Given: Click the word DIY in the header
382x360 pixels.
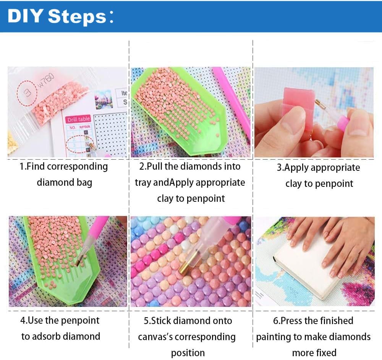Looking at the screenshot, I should pos(26,17).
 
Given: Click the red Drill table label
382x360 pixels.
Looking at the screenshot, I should pos(78,120).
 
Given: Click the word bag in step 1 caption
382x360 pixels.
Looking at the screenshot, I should pos(84,183).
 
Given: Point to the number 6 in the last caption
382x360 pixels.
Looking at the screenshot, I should pos(275,321).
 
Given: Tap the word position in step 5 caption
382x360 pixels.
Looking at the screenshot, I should pos(188,352).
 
